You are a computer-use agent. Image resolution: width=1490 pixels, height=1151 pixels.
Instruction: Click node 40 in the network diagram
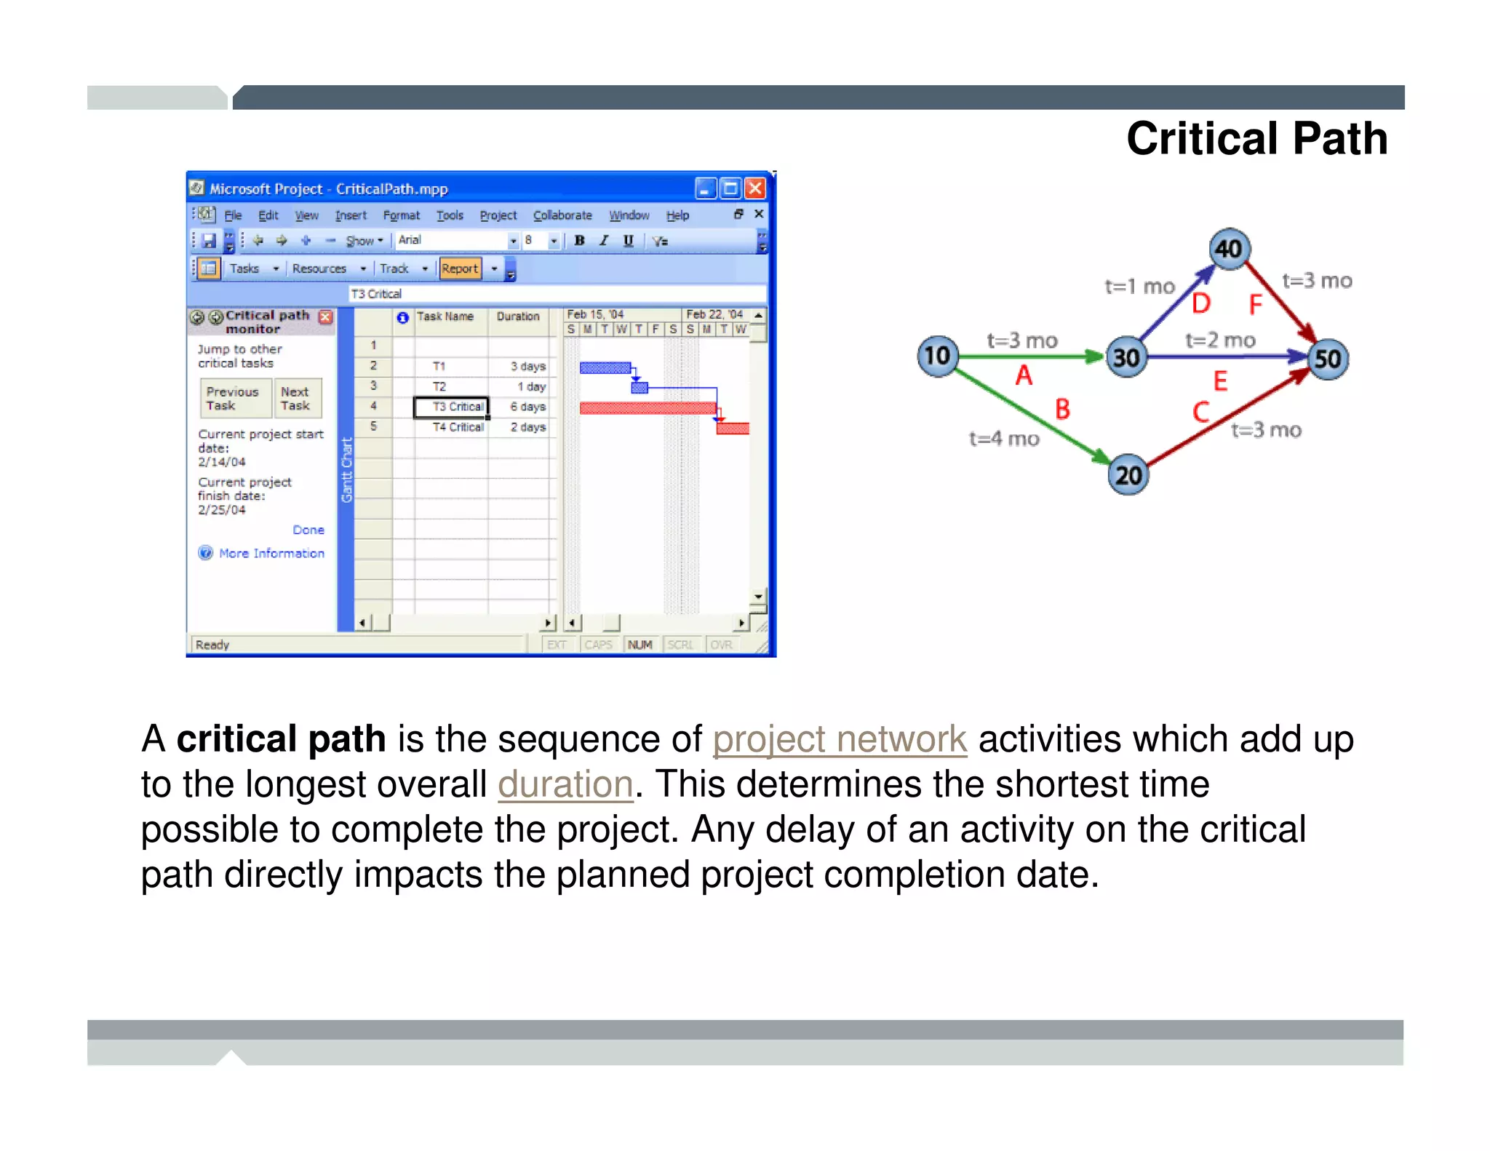coord(1230,249)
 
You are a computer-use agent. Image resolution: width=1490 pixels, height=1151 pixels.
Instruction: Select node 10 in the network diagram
coord(937,356)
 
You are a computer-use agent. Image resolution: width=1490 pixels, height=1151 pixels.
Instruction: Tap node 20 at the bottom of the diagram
coord(1128,476)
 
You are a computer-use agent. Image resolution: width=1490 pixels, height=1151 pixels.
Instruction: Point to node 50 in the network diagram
coord(1328,359)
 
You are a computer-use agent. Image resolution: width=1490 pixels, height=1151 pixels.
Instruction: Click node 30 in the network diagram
coord(1126,357)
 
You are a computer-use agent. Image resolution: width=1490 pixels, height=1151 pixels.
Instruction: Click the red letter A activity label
coord(1024,376)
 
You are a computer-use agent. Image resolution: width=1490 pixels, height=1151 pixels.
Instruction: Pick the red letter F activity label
coord(1255,305)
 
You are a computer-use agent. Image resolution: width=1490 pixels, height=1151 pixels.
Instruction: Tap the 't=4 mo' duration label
coord(1004,439)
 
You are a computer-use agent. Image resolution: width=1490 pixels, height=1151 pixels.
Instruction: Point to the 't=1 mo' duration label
coord(1139,287)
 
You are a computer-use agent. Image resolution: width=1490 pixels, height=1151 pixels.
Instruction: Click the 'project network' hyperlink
coord(840,740)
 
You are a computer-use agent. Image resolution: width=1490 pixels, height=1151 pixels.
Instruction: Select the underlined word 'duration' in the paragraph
coord(565,785)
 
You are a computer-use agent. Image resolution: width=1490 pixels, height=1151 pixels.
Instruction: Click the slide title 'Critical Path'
coord(1256,138)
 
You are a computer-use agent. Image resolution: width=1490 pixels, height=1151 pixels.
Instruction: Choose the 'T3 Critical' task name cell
coord(457,407)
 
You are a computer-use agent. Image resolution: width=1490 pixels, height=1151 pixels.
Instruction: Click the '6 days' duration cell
coord(527,407)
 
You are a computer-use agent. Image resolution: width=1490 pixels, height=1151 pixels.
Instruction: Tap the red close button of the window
coord(756,189)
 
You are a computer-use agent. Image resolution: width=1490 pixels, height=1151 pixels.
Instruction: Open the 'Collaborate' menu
coord(562,215)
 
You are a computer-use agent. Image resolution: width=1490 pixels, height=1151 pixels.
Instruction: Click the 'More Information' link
coord(271,554)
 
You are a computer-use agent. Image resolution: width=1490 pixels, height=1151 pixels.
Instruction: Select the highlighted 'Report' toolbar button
coord(460,268)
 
